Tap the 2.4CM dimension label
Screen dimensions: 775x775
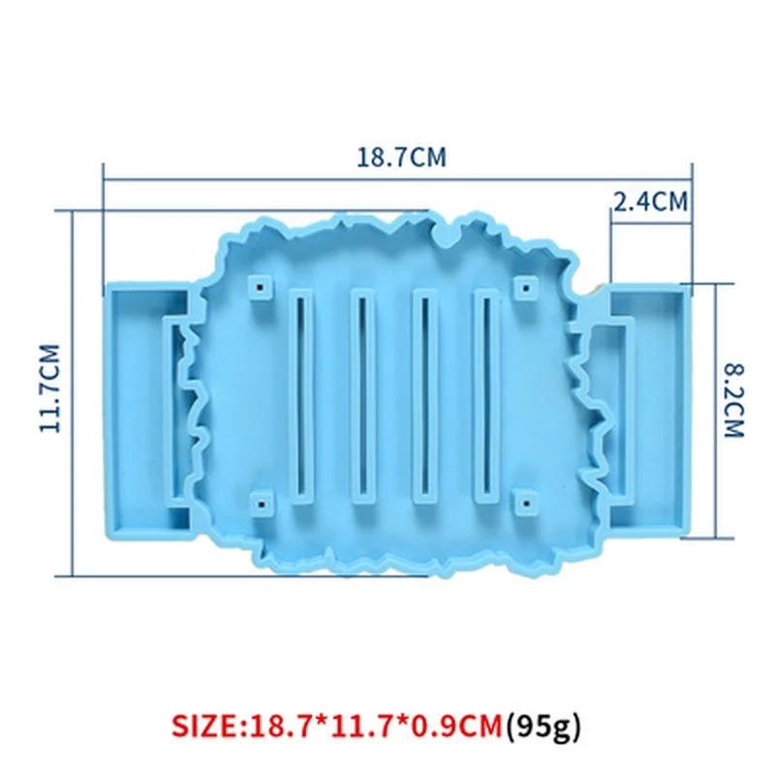point(650,201)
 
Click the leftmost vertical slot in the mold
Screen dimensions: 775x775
point(298,396)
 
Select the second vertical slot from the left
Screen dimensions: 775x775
point(360,396)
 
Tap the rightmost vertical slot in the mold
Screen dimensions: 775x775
point(483,396)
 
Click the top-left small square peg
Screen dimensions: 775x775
point(261,289)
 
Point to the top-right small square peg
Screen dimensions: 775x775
point(526,289)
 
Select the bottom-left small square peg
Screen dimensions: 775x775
point(261,503)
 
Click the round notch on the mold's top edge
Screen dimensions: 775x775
point(444,233)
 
